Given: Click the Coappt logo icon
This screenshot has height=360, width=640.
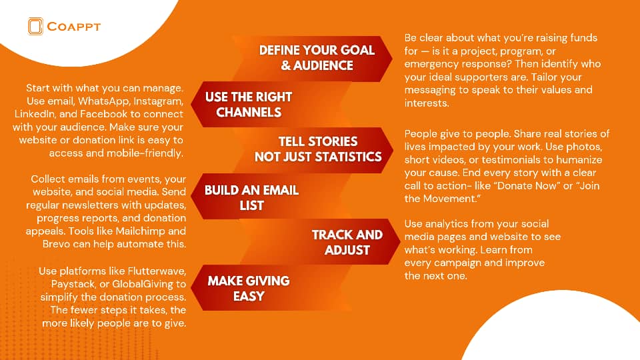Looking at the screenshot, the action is [35, 26].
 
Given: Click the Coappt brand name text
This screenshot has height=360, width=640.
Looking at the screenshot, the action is [74, 27].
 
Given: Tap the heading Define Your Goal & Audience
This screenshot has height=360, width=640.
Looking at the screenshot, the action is [317, 57].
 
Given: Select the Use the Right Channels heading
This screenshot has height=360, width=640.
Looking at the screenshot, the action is [249, 105].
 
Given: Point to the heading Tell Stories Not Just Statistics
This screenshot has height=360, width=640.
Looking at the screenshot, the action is [318, 149].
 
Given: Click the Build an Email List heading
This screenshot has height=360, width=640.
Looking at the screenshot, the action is [251, 197].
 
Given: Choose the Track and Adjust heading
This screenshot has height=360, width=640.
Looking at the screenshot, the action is [347, 242].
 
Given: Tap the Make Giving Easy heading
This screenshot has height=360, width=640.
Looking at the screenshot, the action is [249, 288].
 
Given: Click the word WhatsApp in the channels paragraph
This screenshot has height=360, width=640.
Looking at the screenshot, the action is [104, 101].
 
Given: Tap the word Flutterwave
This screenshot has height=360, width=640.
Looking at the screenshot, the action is [157, 271].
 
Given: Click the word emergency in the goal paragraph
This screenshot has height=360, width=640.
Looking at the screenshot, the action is [429, 64].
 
